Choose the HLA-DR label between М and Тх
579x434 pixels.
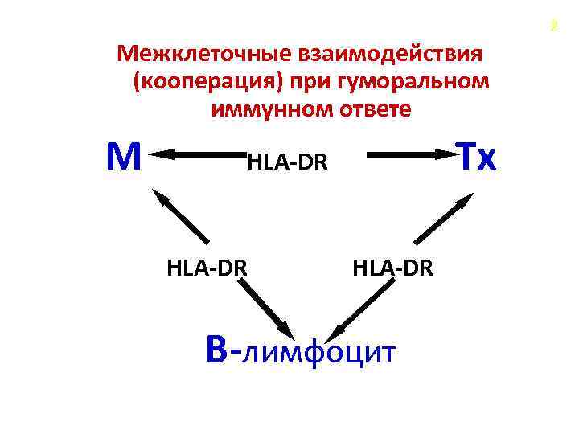pyautogui.click(x=288, y=163)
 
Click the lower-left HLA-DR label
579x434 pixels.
pyautogui.click(x=207, y=268)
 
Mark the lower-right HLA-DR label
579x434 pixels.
pyautogui.click(x=392, y=268)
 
